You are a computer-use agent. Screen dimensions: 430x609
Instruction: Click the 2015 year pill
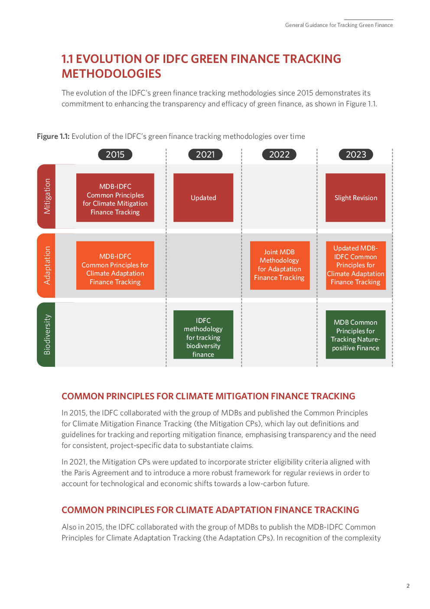(115, 155)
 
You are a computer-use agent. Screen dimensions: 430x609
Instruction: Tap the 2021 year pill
(205, 155)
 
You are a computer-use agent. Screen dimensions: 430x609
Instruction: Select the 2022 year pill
(279, 155)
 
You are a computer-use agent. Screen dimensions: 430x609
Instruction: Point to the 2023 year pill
(355, 155)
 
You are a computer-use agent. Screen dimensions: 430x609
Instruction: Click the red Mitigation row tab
(46, 196)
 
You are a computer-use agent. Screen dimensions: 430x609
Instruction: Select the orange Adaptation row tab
(46, 265)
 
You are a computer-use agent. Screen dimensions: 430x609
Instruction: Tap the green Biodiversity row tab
(46, 334)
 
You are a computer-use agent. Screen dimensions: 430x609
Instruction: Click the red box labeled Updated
(203, 198)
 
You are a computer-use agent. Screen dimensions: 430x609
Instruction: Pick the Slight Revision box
(355, 198)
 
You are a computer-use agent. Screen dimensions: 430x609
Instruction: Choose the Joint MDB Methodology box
(280, 265)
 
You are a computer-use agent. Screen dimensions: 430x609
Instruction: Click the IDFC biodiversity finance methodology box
(203, 335)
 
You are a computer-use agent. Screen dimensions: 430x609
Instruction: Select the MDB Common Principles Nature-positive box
(355, 335)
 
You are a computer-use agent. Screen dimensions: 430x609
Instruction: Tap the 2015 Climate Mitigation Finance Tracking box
(115, 198)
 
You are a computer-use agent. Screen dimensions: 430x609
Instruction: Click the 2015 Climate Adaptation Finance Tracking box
(115, 265)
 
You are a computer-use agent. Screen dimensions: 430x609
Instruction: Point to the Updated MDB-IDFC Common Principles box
(355, 265)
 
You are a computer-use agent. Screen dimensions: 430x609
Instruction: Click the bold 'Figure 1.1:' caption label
(53, 136)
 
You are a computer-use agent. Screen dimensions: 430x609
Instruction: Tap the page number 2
(408, 586)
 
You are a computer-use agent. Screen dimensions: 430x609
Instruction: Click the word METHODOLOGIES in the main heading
(111, 74)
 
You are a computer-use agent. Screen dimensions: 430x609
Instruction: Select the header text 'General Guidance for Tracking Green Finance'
(339, 25)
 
